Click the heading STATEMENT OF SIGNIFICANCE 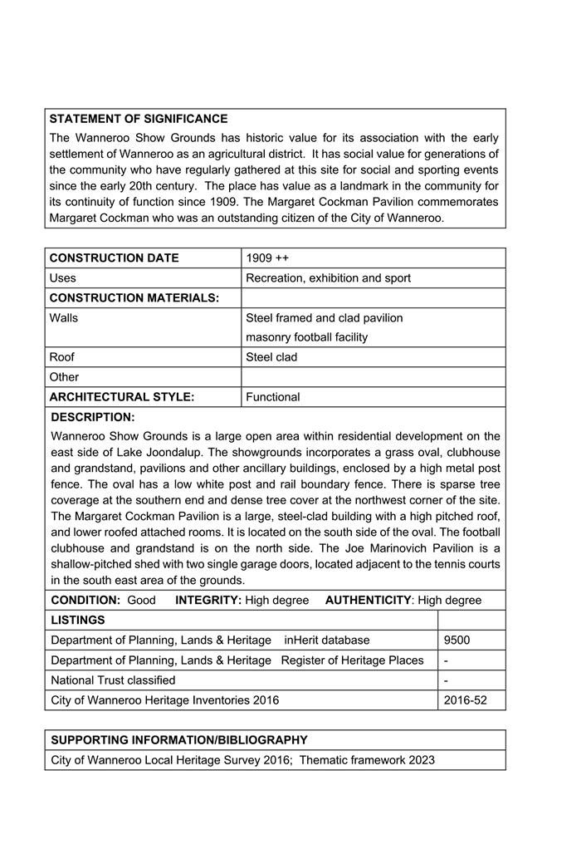click(139, 119)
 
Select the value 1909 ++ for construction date click(267, 258)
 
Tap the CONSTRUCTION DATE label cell click(115, 258)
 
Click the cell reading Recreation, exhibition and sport click(328, 277)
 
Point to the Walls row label click(64, 317)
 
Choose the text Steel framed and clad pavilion click(324, 317)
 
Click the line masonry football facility click(306, 337)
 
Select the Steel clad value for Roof click(271, 357)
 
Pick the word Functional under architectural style click(273, 397)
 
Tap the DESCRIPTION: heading click(93, 417)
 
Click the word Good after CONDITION click(141, 600)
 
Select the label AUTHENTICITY click(368, 600)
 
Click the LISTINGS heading click(78, 620)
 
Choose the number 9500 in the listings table click(457, 640)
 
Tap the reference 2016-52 click(465, 699)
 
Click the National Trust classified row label click(113, 680)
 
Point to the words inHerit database click(326, 640)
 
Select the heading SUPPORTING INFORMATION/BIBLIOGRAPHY click(179, 739)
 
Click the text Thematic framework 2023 click(367, 759)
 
